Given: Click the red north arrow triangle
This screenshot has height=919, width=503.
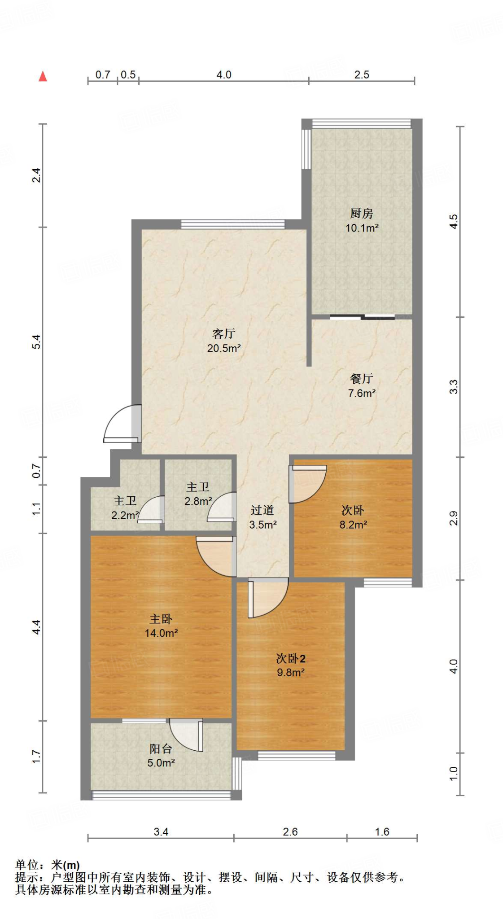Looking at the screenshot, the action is (43, 76).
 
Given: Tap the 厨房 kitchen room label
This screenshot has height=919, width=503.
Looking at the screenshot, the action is (362, 213).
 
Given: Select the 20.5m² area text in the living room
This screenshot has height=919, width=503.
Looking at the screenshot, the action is (224, 348).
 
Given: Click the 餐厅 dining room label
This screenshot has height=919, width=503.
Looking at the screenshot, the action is (362, 379).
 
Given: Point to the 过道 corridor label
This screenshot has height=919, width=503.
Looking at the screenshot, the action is (262, 510).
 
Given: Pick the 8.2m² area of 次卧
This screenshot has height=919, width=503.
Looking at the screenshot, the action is (353, 525).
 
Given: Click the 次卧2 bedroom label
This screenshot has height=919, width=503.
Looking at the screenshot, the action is (291, 658).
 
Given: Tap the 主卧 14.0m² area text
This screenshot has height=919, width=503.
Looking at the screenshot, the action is (161, 633).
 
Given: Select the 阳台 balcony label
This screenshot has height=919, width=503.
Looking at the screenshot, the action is (161, 748).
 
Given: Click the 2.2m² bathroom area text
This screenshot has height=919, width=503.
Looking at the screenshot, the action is (125, 516).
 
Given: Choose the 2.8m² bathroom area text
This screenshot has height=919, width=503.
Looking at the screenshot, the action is (198, 501).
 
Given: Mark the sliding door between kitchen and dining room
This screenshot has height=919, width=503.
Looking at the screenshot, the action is (362, 317).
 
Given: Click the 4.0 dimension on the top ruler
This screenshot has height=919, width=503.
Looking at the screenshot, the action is (224, 75).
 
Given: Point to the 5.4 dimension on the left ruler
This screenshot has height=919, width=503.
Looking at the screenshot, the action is (36, 342).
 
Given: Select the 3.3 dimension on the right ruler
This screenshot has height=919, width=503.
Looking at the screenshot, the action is (454, 387).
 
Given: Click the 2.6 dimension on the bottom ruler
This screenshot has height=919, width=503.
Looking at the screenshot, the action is (290, 831).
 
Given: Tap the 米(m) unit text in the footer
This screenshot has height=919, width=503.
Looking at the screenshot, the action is (66, 865).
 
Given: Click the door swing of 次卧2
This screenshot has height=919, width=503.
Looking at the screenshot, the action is (268, 598).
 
